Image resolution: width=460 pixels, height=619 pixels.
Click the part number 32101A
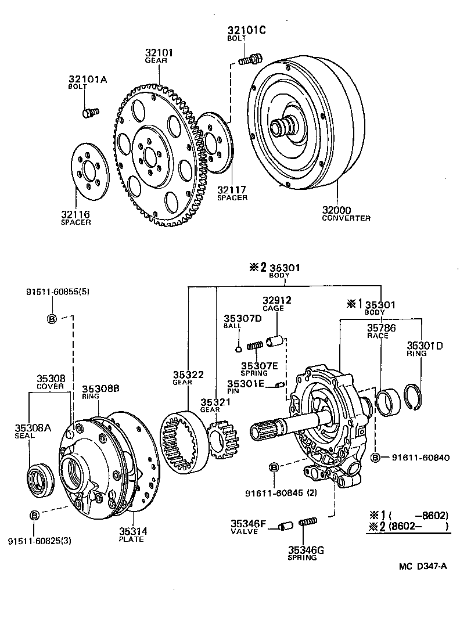click(87, 80)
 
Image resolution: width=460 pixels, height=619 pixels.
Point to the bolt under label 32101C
click(251, 58)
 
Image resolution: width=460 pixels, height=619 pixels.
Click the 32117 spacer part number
click(232, 189)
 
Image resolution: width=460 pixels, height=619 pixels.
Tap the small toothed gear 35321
click(221, 439)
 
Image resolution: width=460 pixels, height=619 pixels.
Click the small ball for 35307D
click(238, 349)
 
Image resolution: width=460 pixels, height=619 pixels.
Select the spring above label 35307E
click(255, 346)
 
